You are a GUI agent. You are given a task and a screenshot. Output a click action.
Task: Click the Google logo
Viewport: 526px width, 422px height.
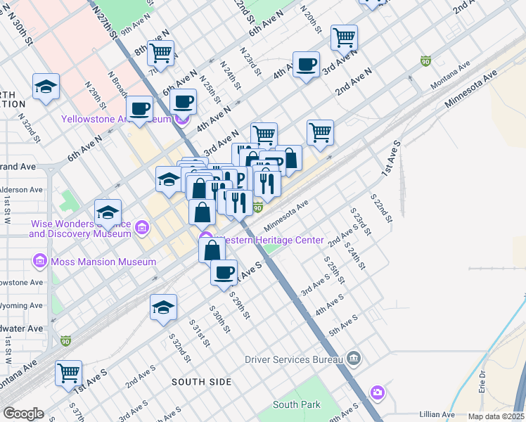click(x=23, y=414)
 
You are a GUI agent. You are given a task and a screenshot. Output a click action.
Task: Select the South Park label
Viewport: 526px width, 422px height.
click(x=296, y=404)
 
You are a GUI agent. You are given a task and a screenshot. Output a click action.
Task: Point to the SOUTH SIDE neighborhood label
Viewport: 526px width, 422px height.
click(x=202, y=382)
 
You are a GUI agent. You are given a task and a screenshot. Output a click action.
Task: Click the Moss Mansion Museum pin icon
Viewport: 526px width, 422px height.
click(x=40, y=262)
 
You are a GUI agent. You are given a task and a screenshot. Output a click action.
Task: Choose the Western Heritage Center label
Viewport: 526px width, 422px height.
click(x=270, y=241)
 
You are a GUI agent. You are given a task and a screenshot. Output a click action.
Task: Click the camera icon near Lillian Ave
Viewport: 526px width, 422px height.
click(x=378, y=391)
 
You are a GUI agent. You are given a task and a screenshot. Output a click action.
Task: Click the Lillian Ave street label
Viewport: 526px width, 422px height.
click(x=436, y=415)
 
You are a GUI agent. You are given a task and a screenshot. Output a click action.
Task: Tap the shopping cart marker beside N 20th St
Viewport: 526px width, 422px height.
click(x=344, y=37)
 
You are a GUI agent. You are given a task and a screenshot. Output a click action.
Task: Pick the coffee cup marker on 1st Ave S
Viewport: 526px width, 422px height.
click(x=224, y=272)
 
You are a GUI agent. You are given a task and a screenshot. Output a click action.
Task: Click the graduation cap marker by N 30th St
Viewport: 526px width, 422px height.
click(x=46, y=87)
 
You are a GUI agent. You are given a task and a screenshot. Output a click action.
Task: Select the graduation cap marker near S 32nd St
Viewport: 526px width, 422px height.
click(x=163, y=307)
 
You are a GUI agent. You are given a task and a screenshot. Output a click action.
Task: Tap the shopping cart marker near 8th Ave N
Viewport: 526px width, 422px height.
click(x=161, y=53)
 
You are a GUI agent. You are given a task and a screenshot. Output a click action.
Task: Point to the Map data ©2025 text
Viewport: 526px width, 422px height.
click(x=496, y=416)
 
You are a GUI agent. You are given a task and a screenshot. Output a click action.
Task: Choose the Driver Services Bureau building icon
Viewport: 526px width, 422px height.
click(x=354, y=359)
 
